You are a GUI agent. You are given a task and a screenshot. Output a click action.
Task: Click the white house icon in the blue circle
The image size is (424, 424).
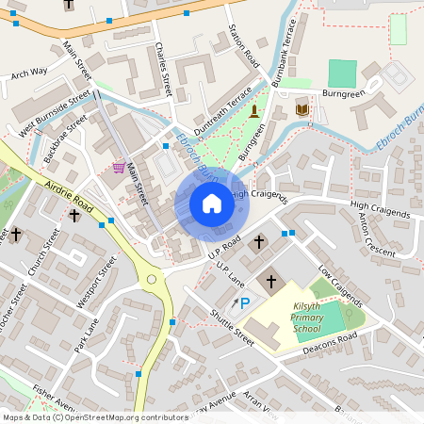tap(211, 203)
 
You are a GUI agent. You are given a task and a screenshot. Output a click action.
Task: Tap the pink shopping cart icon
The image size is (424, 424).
tap(119, 168)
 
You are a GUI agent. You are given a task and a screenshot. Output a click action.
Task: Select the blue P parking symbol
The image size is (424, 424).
tap(245, 302)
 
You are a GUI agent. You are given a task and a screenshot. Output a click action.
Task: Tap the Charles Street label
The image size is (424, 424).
tap(164, 71)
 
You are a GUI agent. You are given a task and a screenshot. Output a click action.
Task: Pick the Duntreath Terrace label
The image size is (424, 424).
tap(223, 109)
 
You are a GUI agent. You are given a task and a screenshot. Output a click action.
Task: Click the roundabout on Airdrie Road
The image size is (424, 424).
tap(151, 279)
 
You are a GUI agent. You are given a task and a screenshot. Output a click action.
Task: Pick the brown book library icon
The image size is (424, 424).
tap(302, 111)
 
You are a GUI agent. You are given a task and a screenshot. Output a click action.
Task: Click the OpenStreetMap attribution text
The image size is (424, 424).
tap(95, 416)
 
